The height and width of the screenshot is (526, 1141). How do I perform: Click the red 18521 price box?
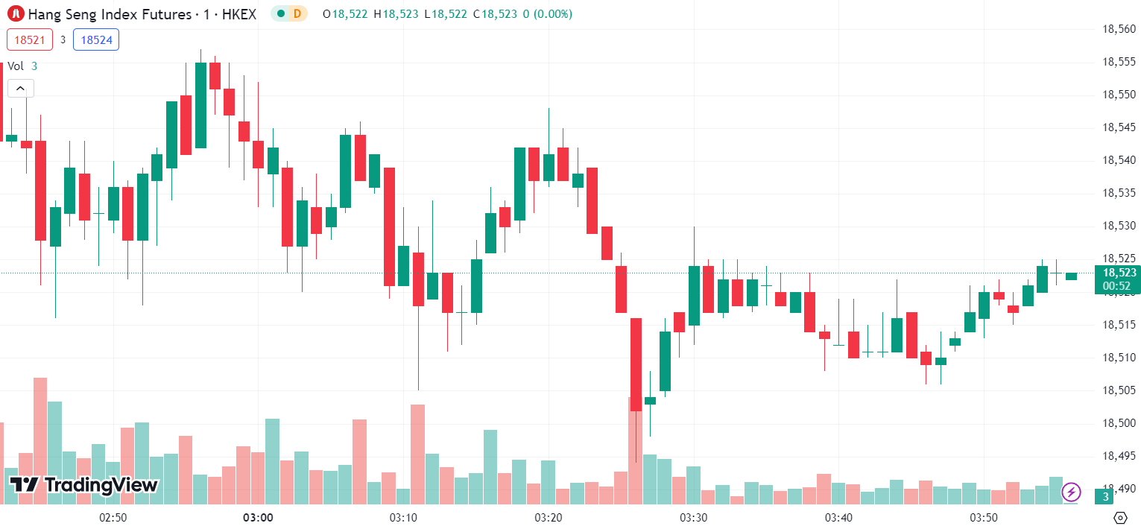coord(30,39)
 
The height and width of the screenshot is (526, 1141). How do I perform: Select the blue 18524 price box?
coord(96,39)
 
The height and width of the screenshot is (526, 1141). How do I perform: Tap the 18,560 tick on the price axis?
coord(1119,29)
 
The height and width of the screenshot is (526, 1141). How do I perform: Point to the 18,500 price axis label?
coord(1119,423)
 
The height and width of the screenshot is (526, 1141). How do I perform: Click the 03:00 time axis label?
coord(258,517)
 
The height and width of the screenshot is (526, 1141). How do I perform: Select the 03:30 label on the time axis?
coord(693,517)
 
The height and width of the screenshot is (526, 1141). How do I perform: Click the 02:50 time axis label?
coord(113,517)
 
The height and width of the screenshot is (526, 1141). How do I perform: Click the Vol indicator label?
coord(16,66)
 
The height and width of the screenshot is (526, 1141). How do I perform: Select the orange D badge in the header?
coord(297,13)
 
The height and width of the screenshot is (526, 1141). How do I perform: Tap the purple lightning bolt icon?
coord(1071,492)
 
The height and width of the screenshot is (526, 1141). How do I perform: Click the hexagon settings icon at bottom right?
coord(1119,517)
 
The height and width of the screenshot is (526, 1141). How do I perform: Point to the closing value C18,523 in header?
coord(495,13)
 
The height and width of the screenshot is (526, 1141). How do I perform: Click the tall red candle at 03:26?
coord(636,364)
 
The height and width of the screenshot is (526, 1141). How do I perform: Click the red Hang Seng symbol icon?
coord(14,13)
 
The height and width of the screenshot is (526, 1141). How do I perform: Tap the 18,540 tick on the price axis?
coord(1119,160)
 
